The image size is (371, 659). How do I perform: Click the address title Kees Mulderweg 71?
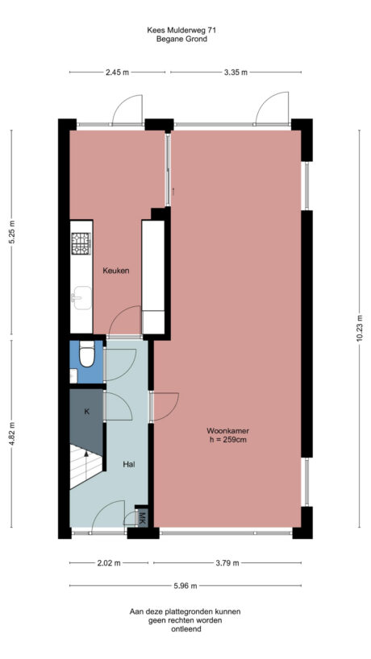tap(181, 30)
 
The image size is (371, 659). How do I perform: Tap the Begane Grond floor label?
tap(181, 38)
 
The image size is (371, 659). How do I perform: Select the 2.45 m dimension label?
tap(118, 73)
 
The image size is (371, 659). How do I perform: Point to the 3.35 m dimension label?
tap(236, 73)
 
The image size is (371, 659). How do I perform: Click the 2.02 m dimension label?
tap(110, 563)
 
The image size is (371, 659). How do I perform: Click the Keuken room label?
tap(116, 271)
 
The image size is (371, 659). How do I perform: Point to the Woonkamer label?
tap(227, 431)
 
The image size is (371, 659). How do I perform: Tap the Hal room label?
tap(128, 465)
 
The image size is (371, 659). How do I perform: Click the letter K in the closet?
tap(87, 412)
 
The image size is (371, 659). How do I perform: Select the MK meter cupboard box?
tap(142, 517)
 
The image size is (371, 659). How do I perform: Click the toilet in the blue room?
tap(85, 354)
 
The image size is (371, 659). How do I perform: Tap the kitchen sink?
tap(79, 296)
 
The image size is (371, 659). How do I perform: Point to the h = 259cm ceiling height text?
tap(227, 441)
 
